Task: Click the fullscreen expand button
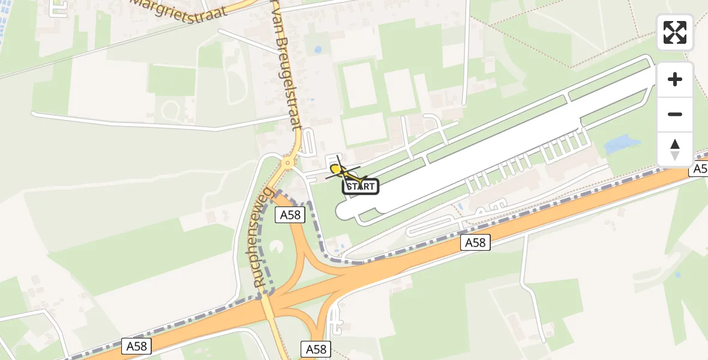(x=675, y=32)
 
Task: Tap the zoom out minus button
(x=675, y=114)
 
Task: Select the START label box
(x=361, y=187)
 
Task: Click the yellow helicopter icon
(x=342, y=170)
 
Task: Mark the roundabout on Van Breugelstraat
(x=288, y=162)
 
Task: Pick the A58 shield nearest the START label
(x=290, y=215)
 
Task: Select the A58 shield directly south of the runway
(x=476, y=242)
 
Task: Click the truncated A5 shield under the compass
(x=700, y=169)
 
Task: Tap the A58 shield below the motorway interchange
(x=316, y=349)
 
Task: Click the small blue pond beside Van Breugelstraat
(x=317, y=50)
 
